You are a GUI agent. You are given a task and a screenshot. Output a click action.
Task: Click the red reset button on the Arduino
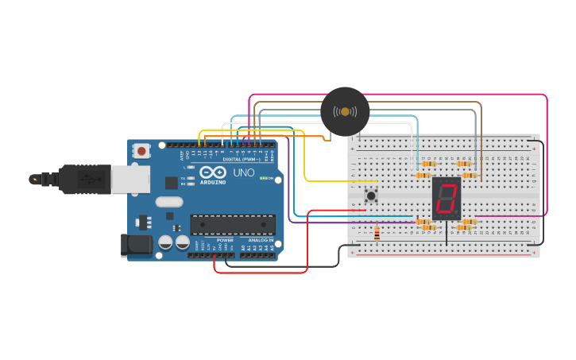[x=141, y=150]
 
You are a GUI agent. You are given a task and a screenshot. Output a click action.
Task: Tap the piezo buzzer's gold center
[x=345, y=111]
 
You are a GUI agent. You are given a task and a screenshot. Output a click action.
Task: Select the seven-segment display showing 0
[x=446, y=199]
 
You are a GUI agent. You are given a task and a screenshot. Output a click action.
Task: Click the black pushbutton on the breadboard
[x=370, y=195]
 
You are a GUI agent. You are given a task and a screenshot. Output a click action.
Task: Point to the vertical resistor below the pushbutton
[x=377, y=234]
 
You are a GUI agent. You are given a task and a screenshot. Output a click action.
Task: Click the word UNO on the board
[x=243, y=172]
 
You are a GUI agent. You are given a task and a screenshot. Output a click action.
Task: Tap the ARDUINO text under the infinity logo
[x=213, y=182]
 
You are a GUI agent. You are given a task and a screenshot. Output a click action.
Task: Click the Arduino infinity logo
[x=213, y=172]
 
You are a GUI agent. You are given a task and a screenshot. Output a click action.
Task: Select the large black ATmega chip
[x=233, y=224]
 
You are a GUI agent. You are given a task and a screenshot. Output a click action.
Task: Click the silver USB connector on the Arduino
[x=130, y=180]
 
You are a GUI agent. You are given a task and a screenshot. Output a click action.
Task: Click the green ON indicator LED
[x=264, y=179]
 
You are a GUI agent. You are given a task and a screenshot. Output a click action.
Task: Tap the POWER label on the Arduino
[x=225, y=240]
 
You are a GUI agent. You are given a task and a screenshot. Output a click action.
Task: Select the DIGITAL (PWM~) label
[x=244, y=159]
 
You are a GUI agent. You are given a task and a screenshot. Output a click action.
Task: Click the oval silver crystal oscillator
[x=169, y=202]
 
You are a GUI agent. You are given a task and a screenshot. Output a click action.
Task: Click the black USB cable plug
[x=83, y=180]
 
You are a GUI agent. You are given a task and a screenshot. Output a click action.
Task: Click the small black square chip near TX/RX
[x=171, y=182]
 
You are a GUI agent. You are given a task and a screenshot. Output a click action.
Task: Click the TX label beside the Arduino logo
[x=183, y=178]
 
